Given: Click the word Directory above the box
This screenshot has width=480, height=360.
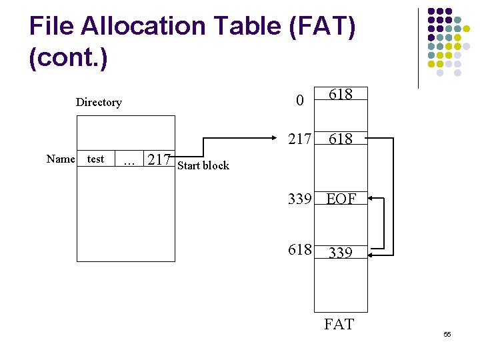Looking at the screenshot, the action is (99, 102).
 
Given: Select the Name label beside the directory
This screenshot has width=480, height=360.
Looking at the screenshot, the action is (61, 159).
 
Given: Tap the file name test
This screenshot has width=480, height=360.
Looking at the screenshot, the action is (96, 159).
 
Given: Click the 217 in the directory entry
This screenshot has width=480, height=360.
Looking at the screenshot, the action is (159, 159).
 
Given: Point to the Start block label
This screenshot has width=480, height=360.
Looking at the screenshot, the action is (203, 165).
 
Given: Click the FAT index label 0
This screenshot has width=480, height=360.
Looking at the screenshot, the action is (300, 101).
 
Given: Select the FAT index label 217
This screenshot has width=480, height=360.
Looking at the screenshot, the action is (299, 139).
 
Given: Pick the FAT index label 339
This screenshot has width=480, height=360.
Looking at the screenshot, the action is (299, 198).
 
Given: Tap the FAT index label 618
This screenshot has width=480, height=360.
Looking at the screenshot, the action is (299, 249).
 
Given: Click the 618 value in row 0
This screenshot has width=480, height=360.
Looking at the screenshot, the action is (341, 94).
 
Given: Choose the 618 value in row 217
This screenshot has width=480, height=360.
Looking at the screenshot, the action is (341, 139).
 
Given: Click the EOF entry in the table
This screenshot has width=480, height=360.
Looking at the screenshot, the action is (341, 198).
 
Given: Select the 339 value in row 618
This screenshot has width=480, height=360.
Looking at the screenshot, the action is (341, 252).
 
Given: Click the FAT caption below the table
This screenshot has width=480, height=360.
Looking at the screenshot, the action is (339, 325).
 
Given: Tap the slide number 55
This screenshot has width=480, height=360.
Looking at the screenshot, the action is (447, 334).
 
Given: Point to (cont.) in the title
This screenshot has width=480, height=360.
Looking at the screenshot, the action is (68, 57).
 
